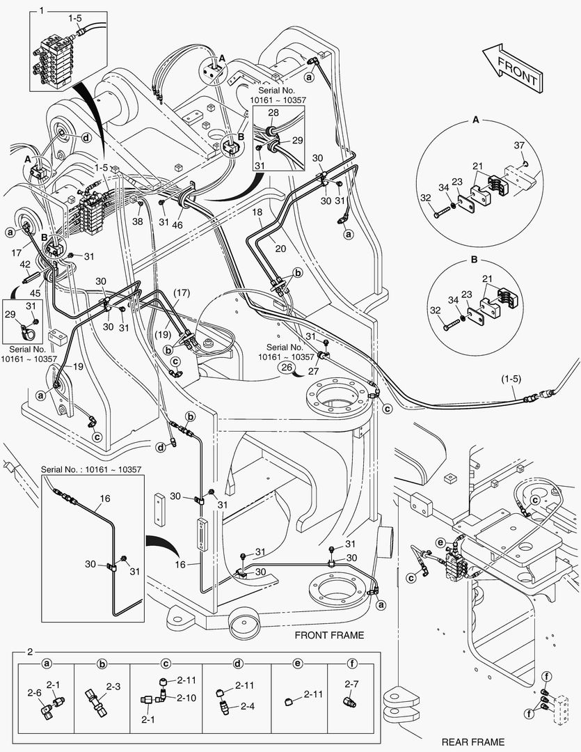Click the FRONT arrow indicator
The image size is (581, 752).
tap(512, 68)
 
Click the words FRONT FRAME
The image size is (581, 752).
tap(329, 635)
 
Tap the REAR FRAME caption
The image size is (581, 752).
tap(473, 742)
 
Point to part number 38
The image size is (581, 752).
tap(138, 221)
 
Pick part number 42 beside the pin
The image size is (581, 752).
tap(25, 264)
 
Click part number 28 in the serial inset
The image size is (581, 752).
tap(273, 112)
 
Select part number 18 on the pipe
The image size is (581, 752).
tap(257, 211)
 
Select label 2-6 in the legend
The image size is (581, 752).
tap(34, 693)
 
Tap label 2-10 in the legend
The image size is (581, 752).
tap(186, 697)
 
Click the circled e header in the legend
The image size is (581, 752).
tap(297, 664)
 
